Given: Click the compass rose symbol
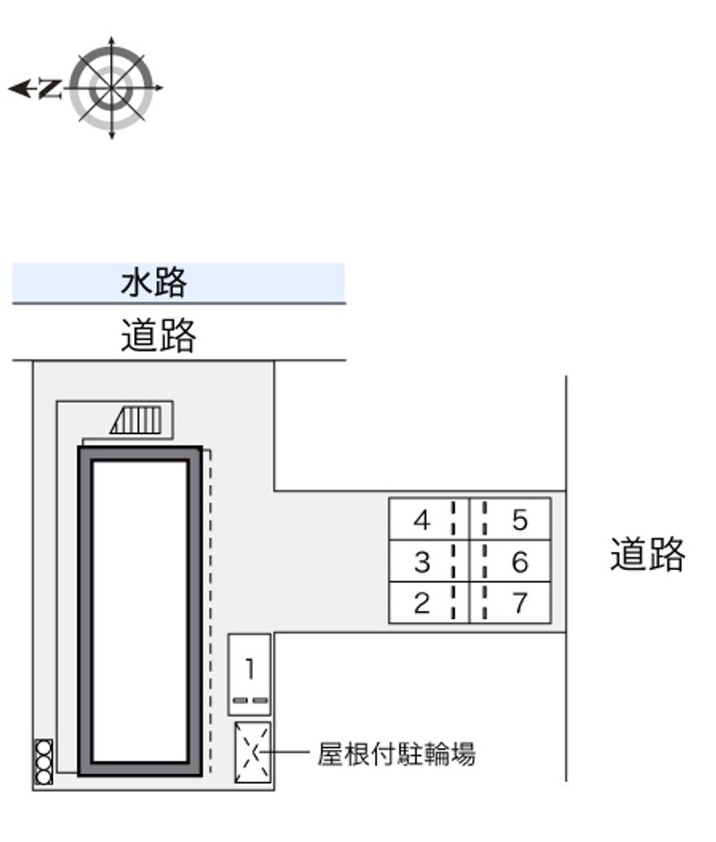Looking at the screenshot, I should point(111,88).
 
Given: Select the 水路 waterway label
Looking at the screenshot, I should point(154,283).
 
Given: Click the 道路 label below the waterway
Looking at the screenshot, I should point(158,336).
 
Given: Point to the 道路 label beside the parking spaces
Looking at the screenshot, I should point(647,555).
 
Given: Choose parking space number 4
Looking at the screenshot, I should point(422,519).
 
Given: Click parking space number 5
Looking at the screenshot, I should point(520,519).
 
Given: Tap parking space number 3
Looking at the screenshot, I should point(422,562).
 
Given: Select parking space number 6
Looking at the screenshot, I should point(520,562).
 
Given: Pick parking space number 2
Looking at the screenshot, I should point(422,604).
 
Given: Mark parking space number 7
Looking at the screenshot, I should point(520,604).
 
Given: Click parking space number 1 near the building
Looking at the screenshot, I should point(250,668).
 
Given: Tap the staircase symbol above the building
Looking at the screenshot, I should point(137,420).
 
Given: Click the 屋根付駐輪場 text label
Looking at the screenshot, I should point(396,754).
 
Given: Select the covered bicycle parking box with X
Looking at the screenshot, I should point(251,753).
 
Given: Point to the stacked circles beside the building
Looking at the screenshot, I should point(43,762).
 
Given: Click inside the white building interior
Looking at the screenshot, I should point(139,608).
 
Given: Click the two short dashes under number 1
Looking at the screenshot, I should point(250,699).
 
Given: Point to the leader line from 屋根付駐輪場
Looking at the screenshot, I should point(291,753).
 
